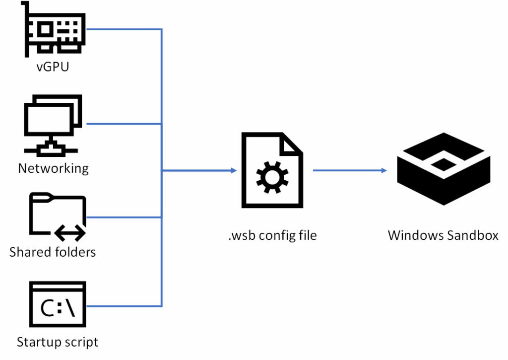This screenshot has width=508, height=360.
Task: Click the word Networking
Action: [x=53, y=168]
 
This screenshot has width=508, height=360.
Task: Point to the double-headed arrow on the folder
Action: [x=70, y=231]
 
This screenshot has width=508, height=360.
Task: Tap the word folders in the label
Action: [x=74, y=252]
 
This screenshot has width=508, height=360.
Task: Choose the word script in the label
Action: [x=80, y=342]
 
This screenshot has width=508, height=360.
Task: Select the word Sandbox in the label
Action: [x=472, y=235]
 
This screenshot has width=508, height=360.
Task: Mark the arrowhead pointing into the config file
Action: [x=233, y=171]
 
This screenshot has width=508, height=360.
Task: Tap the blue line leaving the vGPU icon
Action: [x=124, y=29]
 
